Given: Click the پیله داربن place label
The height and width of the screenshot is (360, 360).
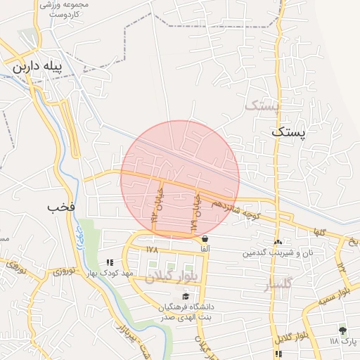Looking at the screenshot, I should click(38, 68).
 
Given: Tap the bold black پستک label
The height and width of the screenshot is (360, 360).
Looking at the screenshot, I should click(289, 131).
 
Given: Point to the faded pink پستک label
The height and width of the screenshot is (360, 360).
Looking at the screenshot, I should click(261, 105).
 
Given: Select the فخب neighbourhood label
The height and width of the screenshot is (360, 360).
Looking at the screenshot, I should click(61, 207).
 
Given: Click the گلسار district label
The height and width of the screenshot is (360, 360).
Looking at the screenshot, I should click(276, 284).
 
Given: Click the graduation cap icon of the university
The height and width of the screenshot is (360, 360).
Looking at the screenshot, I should click(185, 295).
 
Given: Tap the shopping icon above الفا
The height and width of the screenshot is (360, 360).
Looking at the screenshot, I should click(205, 238).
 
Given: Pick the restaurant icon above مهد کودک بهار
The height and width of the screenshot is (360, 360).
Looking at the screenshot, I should click(108, 262).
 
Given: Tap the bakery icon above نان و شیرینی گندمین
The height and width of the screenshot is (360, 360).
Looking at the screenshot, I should click(278, 242).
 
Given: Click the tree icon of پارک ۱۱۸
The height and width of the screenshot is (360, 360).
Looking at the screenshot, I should click(342, 330).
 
